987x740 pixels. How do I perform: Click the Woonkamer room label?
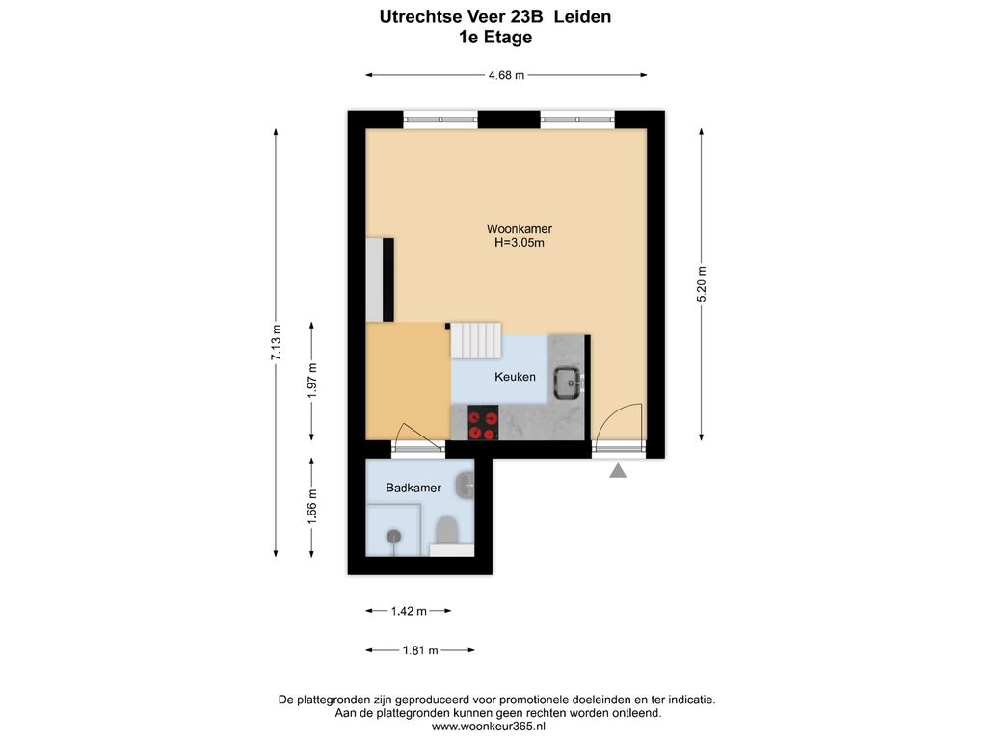coord(519,229)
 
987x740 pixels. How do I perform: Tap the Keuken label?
coord(515,377)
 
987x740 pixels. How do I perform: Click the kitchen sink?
coord(569,383)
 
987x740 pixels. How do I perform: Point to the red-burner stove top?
coord(483,423)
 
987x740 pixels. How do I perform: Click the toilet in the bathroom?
coord(446,531)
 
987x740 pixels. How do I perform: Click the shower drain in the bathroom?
coord(393,536)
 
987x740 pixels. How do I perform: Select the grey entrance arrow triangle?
coord(618,470)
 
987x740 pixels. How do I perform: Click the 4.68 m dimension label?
coord(506,75)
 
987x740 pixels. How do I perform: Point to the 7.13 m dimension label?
coord(276,343)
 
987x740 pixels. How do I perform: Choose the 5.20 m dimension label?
coord(702,284)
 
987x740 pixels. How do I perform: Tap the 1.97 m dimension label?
coord(312,381)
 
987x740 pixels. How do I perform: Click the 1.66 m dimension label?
coord(312,507)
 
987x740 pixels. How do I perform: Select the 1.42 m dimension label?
coord(409,611)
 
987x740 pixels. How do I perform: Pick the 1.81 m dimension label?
coord(420,650)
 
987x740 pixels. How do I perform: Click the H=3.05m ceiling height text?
coord(519,243)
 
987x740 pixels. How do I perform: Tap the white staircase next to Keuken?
coord(476,340)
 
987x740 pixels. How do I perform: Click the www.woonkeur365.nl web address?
coord(489,727)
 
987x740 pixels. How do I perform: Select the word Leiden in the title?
coord(582,17)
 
